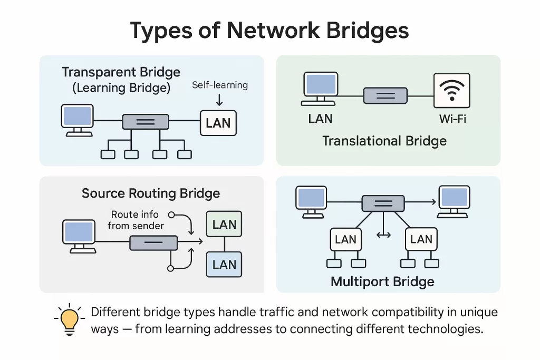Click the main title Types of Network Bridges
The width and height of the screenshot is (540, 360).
tap(269, 31)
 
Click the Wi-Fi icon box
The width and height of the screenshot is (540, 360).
tap(451, 91)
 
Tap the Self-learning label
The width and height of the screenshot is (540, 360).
tap(219, 85)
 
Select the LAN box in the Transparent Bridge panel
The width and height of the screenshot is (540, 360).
tap(218, 123)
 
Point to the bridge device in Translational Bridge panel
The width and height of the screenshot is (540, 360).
tap(385, 96)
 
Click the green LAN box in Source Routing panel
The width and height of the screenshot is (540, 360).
tap(225, 225)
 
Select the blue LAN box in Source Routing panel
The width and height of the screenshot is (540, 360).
tap(225, 264)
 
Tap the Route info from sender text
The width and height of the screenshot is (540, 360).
tap(136, 220)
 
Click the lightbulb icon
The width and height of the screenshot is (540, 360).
tap(70, 319)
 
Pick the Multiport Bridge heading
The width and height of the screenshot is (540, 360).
tap(382, 281)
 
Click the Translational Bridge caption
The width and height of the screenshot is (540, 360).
tap(384, 141)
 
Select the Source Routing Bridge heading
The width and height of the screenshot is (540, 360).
tap(151, 193)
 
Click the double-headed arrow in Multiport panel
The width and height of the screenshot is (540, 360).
tap(383, 234)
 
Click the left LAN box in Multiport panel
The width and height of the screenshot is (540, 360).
tap(345, 240)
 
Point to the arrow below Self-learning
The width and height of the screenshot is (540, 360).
tap(219, 99)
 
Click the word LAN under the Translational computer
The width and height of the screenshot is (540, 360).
tap(320, 119)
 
